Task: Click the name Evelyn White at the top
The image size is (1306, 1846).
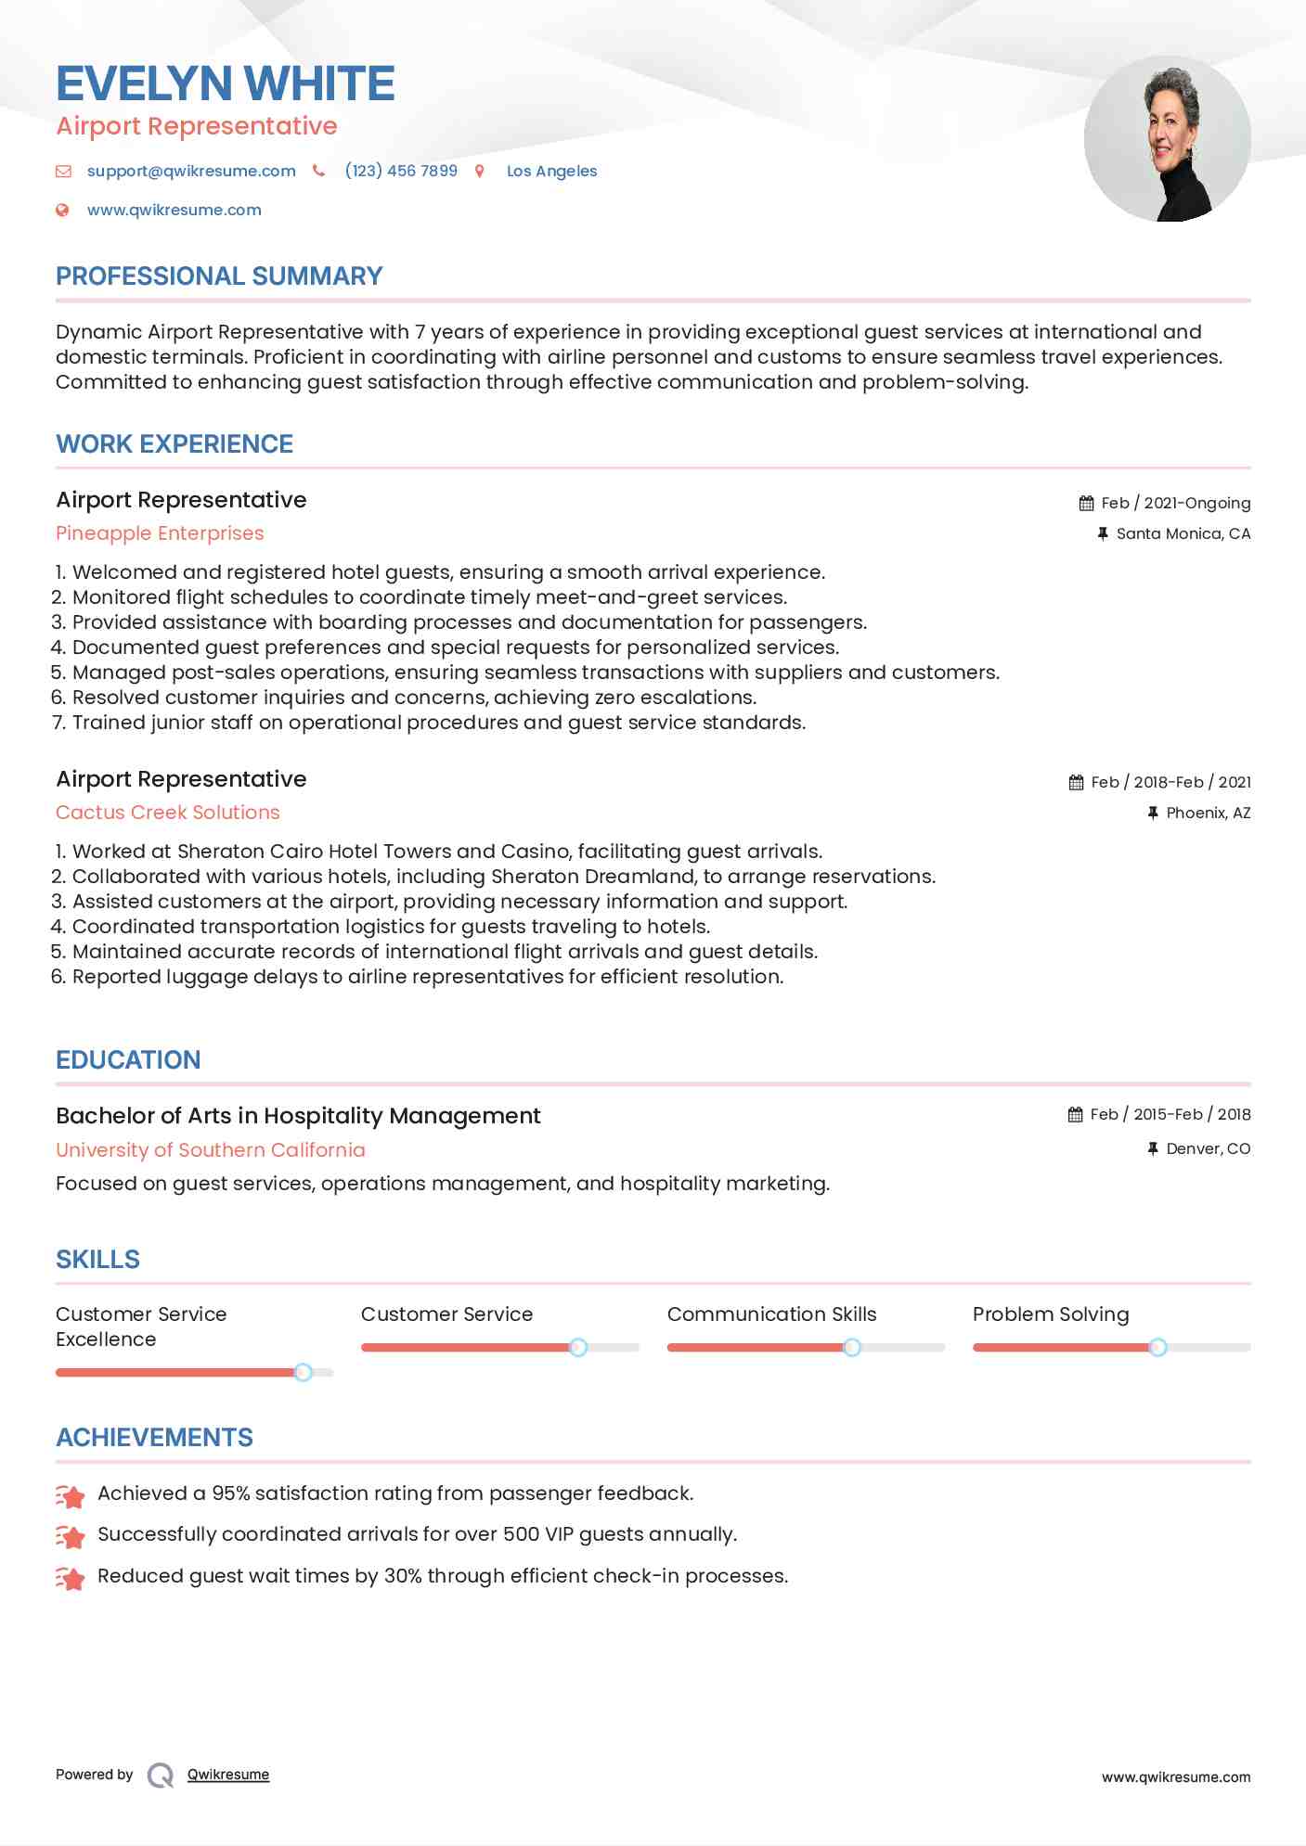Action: click(x=226, y=83)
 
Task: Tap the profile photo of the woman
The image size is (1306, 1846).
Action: click(x=1167, y=139)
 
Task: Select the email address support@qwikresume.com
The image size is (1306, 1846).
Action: click(x=191, y=171)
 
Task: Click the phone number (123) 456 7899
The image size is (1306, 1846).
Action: click(x=401, y=171)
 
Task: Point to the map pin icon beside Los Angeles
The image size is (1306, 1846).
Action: click(x=480, y=171)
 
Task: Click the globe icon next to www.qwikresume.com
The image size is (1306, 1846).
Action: click(x=62, y=210)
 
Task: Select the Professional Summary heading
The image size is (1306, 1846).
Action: click(x=219, y=276)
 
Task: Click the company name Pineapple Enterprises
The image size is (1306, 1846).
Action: click(x=160, y=533)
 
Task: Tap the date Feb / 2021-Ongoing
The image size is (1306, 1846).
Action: click(x=1175, y=503)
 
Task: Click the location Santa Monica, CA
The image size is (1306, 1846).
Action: click(x=1183, y=533)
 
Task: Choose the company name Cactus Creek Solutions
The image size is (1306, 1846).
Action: click(x=168, y=813)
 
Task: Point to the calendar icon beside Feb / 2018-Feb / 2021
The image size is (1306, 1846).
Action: click(x=1076, y=782)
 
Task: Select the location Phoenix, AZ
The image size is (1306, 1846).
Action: click(x=1208, y=813)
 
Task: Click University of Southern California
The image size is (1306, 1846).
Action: click(x=211, y=1150)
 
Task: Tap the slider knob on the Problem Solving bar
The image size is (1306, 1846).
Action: click(x=1157, y=1347)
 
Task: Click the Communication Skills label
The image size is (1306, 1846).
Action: click(x=771, y=1314)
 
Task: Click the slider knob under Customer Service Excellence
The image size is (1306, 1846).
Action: click(x=303, y=1372)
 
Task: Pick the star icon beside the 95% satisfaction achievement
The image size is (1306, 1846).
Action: click(x=71, y=1495)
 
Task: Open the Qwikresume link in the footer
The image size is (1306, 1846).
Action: click(x=228, y=1775)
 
